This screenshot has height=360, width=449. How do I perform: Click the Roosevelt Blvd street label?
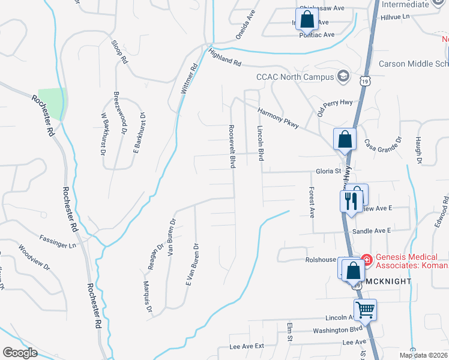[231, 147]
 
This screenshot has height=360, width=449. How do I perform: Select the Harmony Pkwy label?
[279, 116]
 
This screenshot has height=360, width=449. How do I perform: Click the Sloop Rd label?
[120, 52]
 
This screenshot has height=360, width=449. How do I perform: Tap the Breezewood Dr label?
[120, 112]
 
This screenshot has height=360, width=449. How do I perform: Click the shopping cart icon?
[364, 310]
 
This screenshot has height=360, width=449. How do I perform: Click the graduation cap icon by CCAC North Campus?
[343, 76]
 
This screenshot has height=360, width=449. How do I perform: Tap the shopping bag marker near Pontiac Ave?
[307, 19]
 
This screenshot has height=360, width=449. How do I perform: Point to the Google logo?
[20, 353]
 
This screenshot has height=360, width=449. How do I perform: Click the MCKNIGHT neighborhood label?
[388, 281]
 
